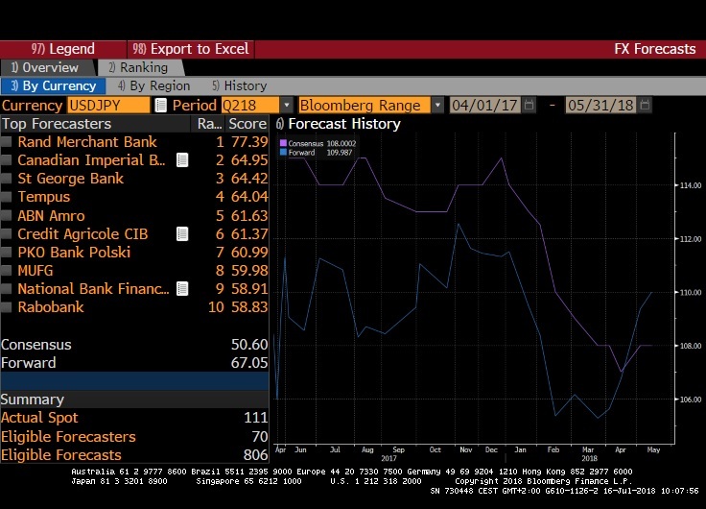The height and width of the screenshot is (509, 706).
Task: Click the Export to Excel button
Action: coord(191,49)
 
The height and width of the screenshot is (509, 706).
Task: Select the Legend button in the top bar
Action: coord(63,49)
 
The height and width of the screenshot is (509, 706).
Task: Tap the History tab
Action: coord(240,86)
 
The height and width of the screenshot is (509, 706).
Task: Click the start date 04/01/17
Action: coord(484,105)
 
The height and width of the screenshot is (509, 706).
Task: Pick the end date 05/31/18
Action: coord(600,105)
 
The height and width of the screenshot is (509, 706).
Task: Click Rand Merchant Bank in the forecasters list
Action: coord(86,142)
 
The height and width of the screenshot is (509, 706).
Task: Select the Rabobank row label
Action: coord(50,307)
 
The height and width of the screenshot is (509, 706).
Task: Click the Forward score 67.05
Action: coord(247,363)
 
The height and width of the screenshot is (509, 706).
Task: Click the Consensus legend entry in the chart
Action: coord(312,144)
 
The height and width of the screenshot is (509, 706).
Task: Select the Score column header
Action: coord(247,124)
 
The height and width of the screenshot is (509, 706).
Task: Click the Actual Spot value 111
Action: coord(256,418)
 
